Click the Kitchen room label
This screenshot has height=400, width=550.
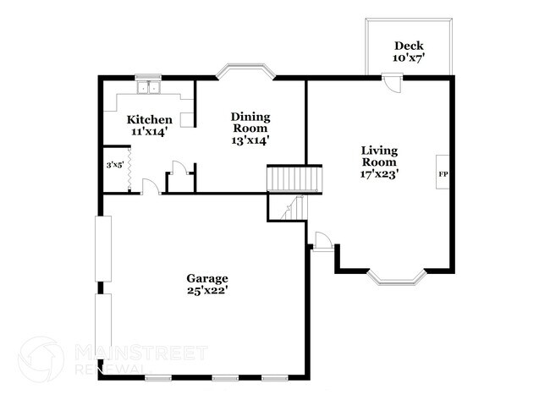(150, 120)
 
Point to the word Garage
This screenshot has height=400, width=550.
(208, 278)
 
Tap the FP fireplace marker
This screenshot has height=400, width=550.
(442, 175)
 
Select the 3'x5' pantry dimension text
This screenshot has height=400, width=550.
(114, 166)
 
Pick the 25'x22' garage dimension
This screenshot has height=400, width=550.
(208, 291)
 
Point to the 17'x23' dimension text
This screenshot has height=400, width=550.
(380, 173)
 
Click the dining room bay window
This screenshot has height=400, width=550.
(245, 72)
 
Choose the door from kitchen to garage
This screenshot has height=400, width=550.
(151, 186)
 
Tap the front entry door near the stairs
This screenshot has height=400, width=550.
(321, 241)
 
